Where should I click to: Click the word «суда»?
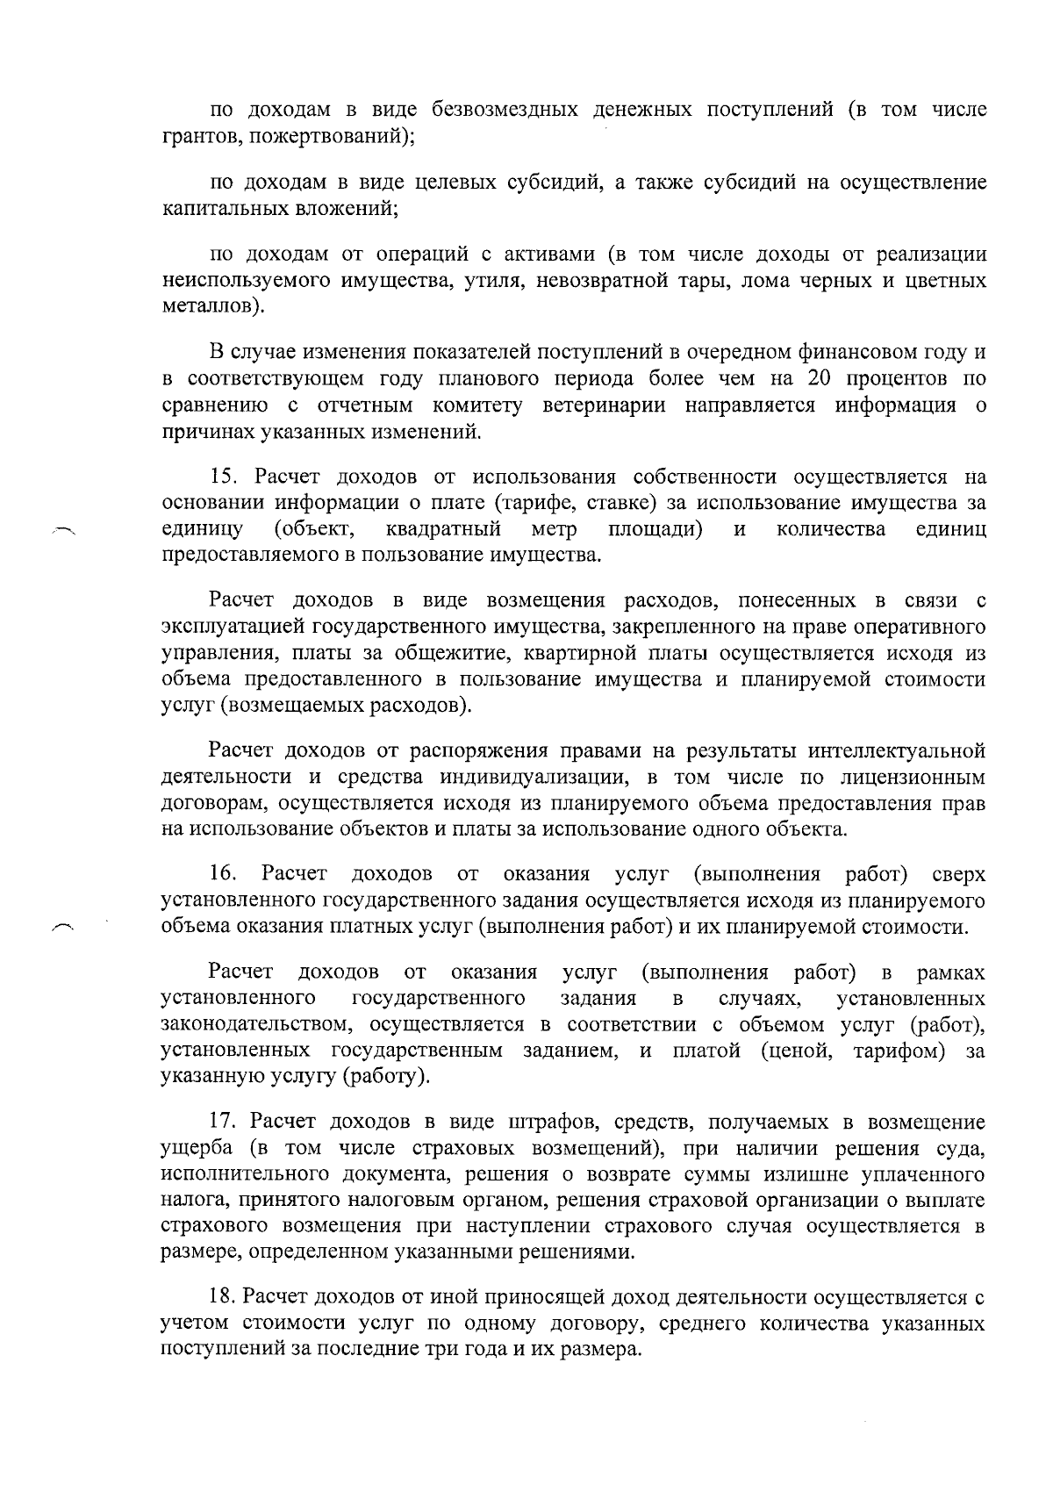point(959,1149)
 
